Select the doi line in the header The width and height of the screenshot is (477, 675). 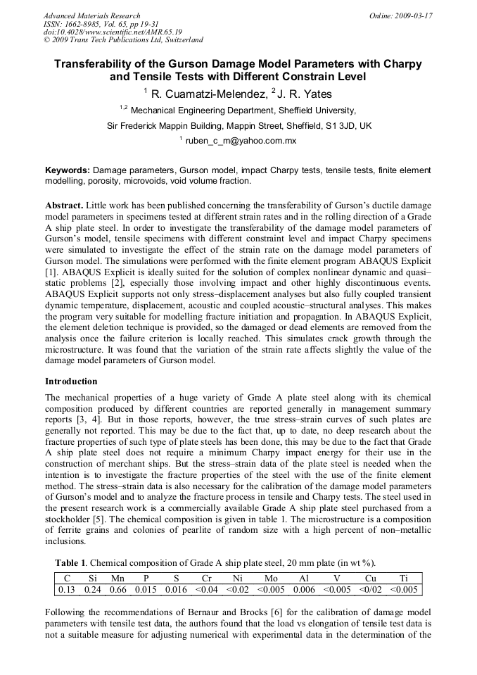[113, 32]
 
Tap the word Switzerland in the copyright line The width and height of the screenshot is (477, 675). [177, 40]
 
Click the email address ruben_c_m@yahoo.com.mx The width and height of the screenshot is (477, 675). [241, 141]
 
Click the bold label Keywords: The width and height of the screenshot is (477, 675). [68, 170]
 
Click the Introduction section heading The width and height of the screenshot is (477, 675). [71, 381]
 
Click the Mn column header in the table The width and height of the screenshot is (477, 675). [118, 578]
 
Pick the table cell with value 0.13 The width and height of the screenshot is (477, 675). [67, 589]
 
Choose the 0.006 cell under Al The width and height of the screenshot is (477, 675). [304, 589]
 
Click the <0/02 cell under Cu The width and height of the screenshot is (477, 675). [371, 589]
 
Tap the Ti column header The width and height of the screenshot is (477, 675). [403, 578]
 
